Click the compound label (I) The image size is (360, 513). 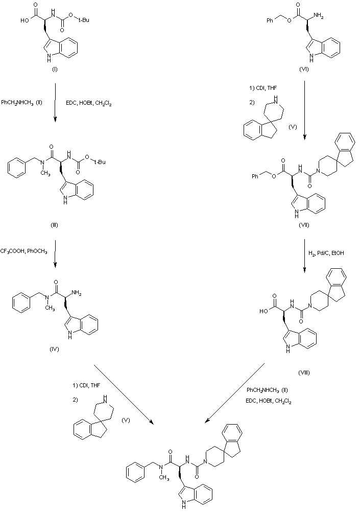[x=55, y=69]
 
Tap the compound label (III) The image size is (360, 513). [x=55, y=225]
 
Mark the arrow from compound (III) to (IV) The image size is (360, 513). [x=55, y=254]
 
